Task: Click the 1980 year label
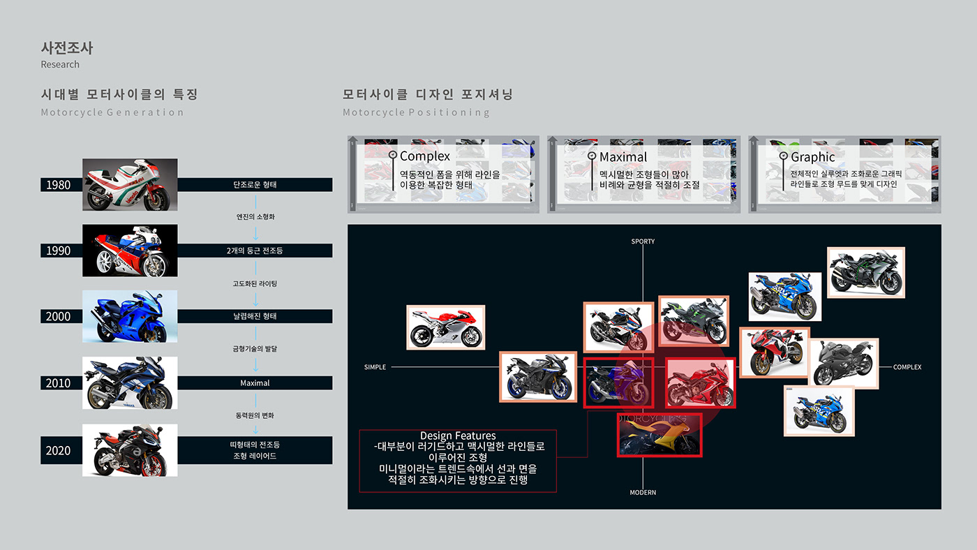(x=59, y=185)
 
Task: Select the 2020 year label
(x=59, y=450)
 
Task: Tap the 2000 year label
(x=59, y=316)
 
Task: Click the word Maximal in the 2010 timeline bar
(x=255, y=383)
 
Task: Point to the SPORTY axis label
(x=643, y=241)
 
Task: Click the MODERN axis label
(x=643, y=493)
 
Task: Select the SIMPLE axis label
(x=375, y=367)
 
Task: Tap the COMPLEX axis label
(x=907, y=367)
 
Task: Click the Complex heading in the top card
(x=425, y=156)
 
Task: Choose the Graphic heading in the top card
(x=812, y=157)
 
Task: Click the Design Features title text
(x=458, y=436)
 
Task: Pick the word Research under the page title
(x=60, y=64)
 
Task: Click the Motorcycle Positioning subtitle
(x=416, y=112)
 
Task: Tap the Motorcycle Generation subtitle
(x=112, y=112)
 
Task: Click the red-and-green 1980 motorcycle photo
(x=130, y=184)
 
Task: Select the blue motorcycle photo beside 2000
(x=130, y=316)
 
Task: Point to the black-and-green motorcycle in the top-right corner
(x=865, y=272)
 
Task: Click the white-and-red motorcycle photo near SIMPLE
(x=446, y=327)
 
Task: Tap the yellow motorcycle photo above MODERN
(x=659, y=435)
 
